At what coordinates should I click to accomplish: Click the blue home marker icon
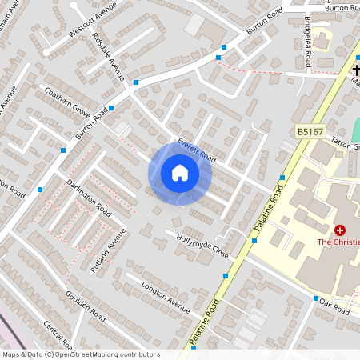[x=180, y=173]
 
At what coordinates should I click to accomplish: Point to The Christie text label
[x=338, y=242]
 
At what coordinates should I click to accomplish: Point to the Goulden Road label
[x=85, y=306]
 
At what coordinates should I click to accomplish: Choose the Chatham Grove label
[x=67, y=102]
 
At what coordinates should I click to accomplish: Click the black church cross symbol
[x=355, y=70]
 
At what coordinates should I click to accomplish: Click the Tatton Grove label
[x=346, y=146]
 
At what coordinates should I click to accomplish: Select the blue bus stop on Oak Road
[x=314, y=299]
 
